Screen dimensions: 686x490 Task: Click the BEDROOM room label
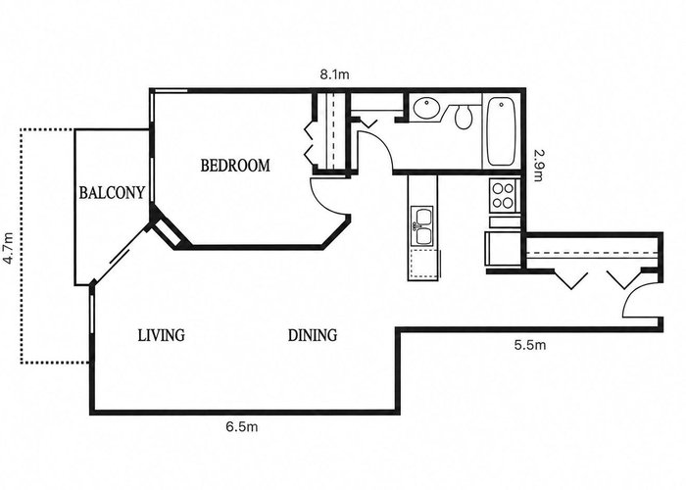(x=235, y=166)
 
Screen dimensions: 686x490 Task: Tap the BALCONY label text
(x=112, y=192)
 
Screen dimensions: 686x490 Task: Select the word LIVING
(x=162, y=335)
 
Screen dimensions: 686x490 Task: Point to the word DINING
(x=313, y=335)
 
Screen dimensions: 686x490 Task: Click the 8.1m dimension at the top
(x=335, y=74)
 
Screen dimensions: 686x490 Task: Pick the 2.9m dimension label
(x=538, y=166)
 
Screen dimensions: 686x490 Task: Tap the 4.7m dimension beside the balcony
(x=8, y=248)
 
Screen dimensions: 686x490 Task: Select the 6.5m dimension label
(x=242, y=426)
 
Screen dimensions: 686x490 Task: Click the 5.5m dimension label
(x=530, y=345)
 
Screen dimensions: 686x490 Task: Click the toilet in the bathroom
(x=464, y=117)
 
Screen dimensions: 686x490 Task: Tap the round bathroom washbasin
(x=426, y=109)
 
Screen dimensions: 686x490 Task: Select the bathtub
(x=501, y=131)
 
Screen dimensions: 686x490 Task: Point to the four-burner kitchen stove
(x=503, y=196)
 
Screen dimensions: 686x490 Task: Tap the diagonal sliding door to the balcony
(x=122, y=255)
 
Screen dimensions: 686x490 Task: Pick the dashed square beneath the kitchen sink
(x=422, y=264)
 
